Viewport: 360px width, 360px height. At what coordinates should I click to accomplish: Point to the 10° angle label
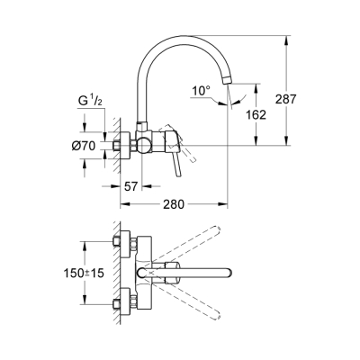tap(202, 90)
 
